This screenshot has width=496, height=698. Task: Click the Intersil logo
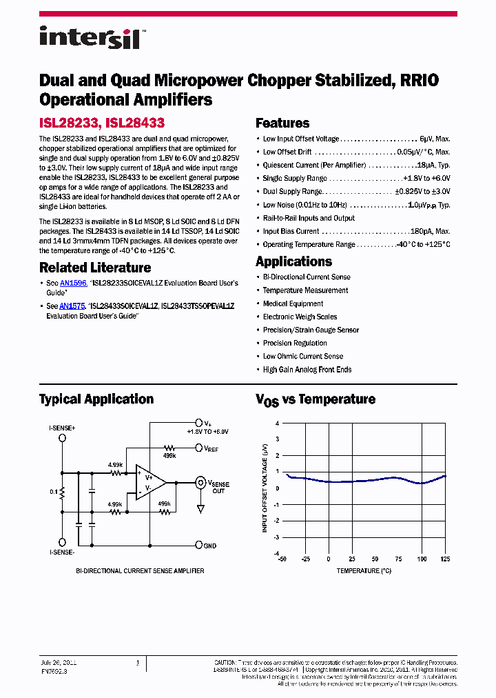point(90,37)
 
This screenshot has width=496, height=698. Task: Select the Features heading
point(282,123)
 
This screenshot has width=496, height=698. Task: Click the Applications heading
point(293,261)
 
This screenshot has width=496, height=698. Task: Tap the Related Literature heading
point(95,268)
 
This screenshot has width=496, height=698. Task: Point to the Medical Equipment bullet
point(293,303)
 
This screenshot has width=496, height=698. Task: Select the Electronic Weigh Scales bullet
point(300,317)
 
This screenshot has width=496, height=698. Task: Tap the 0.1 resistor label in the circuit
point(53,492)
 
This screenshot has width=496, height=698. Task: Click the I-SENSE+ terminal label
point(62,428)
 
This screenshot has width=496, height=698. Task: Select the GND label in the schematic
point(210,546)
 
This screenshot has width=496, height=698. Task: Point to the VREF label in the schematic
point(211,448)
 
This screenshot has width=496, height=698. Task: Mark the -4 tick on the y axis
point(277,553)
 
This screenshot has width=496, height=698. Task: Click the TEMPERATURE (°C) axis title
point(364,570)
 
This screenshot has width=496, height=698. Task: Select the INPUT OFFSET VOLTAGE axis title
point(265,488)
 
